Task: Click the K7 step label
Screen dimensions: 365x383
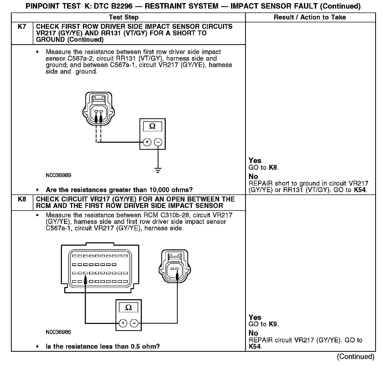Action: pyautogui.click(x=22, y=27)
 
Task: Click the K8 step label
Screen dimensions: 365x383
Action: pyautogui.click(x=22, y=199)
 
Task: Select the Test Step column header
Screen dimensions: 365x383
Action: pyautogui.click(x=124, y=17)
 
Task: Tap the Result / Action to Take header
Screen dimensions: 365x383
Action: pyautogui.click(x=310, y=17)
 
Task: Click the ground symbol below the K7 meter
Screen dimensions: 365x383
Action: pyautogui.click(x=158, y=171)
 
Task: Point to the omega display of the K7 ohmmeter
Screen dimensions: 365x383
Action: pyautogui.click(x=152, y=127)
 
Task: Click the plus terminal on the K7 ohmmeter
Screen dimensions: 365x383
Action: pyautogui.click(x=147, y=142)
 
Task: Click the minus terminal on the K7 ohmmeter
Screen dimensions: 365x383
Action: pyautogui.click(x=158, y=142)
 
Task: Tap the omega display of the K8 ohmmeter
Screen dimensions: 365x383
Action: pyautogui.click(x=129, y=308)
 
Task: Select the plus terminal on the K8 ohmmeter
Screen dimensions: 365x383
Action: pyautogui.click(x=123, y=323)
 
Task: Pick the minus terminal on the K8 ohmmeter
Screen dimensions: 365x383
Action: pyautogui.click(x=134, y=323)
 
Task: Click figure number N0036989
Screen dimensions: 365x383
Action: pyautogui.click(x=58, y=175)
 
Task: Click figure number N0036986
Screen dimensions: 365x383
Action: pyautogui.click(x=58, y=332)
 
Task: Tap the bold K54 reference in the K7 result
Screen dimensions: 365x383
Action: pyautogui.click(x=360, y=190)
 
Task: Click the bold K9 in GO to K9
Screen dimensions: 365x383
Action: pyautogui.click(x=273, y=324)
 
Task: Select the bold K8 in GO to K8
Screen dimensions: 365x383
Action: pyautogui.click(x=273, y=167)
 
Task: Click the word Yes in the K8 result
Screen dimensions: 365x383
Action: pyautogui.click(x=255, y=317)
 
